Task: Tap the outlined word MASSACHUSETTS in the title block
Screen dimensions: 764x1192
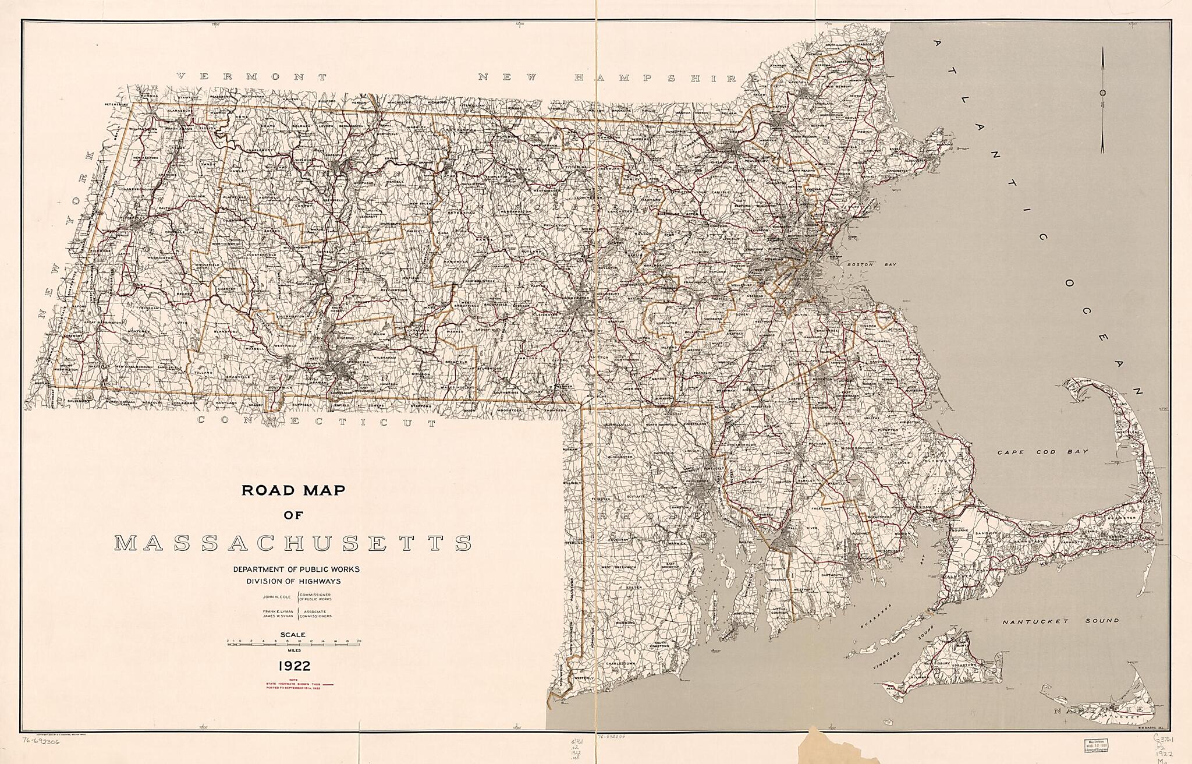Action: pyautogui.click(x=293, y=543)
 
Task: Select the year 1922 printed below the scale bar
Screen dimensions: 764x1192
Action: pyautogui.click(x=294, y=666)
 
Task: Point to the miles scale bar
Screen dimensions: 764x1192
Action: pyautogui.click(x=294, y=642)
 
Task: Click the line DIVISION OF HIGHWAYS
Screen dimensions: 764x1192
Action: pyautogui.click(x=293, y=581)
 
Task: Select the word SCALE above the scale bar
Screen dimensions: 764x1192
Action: pyautogui.click(x=294, y=635)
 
